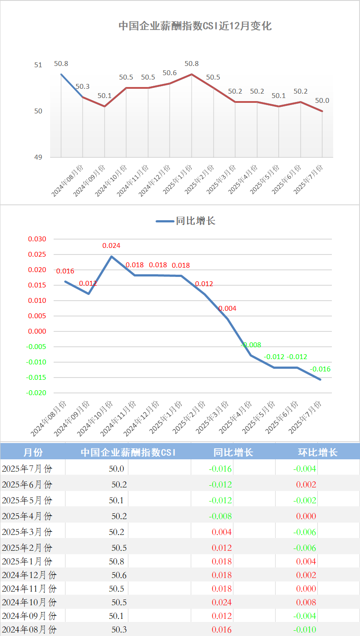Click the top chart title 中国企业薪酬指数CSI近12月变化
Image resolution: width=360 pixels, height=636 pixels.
coord(195,26)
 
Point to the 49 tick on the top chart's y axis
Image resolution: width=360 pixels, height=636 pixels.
coord(38,157)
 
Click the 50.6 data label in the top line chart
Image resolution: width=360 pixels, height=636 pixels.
coord(170,73)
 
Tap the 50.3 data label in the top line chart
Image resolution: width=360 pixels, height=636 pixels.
coord(83,87)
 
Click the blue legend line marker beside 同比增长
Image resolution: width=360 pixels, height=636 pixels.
coord(165,221)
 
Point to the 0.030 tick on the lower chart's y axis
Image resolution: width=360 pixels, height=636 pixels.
coord(37,239)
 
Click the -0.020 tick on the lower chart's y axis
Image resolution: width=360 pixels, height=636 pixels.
coord(36,393)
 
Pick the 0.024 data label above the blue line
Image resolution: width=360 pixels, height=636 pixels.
coord(111,246)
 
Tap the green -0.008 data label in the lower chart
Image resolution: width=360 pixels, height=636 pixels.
coord(251,345)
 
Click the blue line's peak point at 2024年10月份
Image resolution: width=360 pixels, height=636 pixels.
coord(112,256)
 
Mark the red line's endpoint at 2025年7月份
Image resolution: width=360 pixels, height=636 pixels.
coord(322,111)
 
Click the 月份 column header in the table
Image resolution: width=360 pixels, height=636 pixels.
coord(33,452)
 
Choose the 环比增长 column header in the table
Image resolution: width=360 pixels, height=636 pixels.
coord(318,452)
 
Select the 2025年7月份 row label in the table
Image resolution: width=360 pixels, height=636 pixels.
coord(27,469)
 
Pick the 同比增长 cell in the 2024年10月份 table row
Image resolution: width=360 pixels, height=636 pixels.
coord(222,602)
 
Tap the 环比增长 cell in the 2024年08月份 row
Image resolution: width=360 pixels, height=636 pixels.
coord(305,630)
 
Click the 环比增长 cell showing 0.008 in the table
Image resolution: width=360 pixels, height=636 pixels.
coord(306,602)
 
